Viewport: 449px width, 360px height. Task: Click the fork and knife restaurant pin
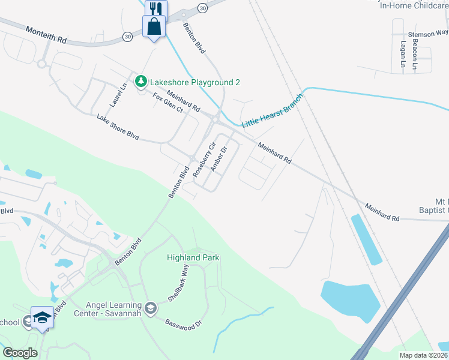(156, 8)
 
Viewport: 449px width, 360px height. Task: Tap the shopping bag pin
(154, 26)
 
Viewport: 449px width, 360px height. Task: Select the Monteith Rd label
(46, 34)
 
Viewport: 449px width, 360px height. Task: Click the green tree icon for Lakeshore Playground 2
(140, 80)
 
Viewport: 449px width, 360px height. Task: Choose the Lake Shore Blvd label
(118, 127)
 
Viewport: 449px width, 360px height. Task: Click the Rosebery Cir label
(204, 159)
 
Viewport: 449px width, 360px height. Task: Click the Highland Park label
(193, 257)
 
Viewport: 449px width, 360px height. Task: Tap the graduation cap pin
(43, 317)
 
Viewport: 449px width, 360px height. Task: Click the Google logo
(20, 352)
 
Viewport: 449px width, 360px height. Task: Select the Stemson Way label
(428, 34)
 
